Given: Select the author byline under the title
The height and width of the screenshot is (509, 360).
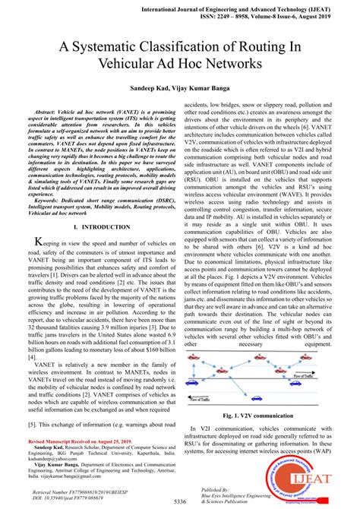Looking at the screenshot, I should coord(179,89).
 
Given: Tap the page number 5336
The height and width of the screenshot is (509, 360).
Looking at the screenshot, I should coord(179,503).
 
